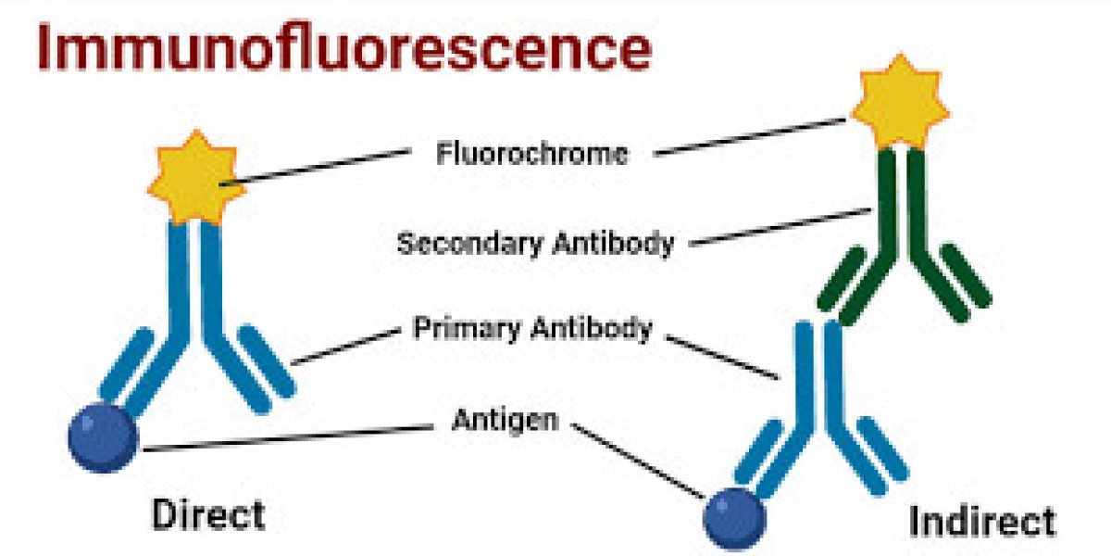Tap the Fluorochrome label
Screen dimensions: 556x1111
pos(531,153)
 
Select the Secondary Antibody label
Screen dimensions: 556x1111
pos(535,244)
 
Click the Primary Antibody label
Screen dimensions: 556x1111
pos(532,329)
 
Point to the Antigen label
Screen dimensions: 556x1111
pos(505,420)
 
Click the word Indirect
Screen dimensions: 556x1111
pos(982,521)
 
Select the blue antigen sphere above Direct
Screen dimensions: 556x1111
pos(103,436)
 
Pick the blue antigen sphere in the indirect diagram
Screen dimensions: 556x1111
pos(735,518)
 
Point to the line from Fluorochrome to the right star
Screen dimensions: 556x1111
pos(750,136)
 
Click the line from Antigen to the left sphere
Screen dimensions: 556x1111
pos(287,438)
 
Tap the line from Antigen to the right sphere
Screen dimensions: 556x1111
pos(639,459)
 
